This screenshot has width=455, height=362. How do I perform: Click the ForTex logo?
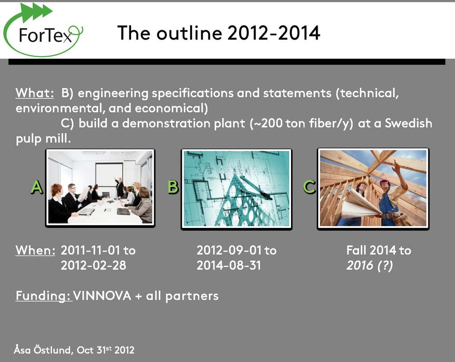click(44, 31)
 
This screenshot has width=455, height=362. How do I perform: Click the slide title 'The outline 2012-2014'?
click(219, 33)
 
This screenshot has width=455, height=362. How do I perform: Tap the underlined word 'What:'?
click(35, 93)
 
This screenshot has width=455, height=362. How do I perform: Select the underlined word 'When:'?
click(35, 250)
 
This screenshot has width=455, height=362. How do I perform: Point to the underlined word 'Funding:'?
click(43, 296)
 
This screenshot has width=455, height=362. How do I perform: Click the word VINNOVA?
click(102, 296)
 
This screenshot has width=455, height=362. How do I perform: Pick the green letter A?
click(37, 187)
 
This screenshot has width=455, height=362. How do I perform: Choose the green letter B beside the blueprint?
click(173, 187)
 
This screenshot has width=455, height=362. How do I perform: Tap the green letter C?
click(309, 187)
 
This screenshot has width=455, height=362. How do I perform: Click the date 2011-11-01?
click(90, 250)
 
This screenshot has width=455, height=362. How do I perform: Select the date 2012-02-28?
click(93, 265)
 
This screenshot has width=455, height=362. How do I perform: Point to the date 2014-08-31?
click(229, 265)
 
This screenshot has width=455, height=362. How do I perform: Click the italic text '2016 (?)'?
click(369, 266)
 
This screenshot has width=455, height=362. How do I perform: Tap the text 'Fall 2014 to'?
click(379, 250)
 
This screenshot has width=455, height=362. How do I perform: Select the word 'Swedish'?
click(408, 123)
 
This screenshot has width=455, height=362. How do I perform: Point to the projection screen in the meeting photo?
click(109, 175)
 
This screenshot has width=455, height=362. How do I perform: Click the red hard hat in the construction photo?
click(384, 183)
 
